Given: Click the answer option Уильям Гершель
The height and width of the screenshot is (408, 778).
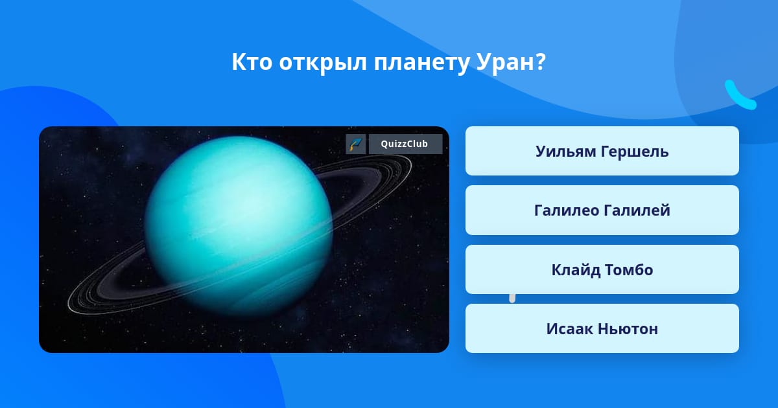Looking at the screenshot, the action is coord(602,151).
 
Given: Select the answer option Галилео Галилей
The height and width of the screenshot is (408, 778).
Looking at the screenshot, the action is coord(602,210).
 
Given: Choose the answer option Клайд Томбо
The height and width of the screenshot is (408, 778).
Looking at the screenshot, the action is coord(602,269).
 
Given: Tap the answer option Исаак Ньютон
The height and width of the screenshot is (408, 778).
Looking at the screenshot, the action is coord(602,328).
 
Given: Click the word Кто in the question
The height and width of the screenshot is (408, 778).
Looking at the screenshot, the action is coord(252,62).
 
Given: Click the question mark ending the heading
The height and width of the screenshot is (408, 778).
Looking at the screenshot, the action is coord(539,62).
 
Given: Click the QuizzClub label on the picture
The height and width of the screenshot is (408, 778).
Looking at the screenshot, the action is coord(405,144).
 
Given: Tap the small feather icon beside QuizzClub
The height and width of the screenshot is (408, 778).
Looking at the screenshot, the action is coord(356,144).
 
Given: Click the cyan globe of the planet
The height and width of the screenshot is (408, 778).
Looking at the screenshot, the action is coord(239,225).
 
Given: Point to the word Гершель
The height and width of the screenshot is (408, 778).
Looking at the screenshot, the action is coord(635,152).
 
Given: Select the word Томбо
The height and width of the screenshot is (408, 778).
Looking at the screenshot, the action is coord(629,269).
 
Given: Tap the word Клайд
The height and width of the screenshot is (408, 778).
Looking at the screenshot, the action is coord(576,270).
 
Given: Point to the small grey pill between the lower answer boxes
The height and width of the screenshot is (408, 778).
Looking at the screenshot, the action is coord(512,299).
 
